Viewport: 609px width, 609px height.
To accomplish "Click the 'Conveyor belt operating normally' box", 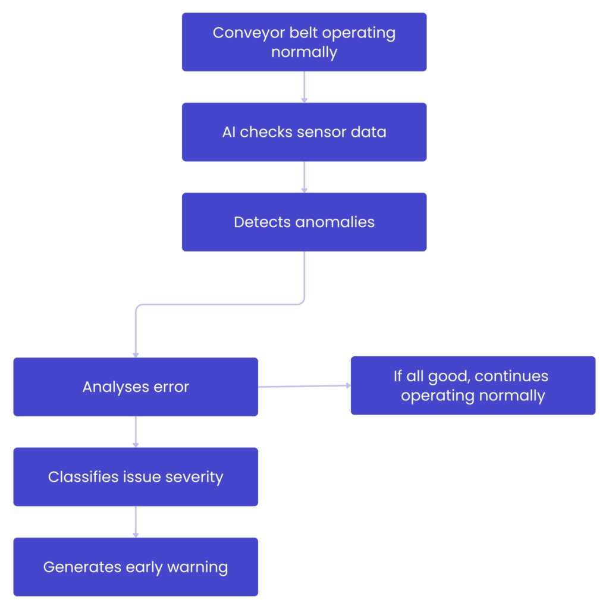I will [x=304, y=42].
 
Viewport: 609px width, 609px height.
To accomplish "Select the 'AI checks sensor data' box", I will [x=304, y=132].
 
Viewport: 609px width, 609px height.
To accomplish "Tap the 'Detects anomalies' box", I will [x=304, y=222].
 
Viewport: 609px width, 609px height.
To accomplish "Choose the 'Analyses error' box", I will [x=136, y=387].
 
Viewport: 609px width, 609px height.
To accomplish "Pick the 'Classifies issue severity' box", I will [x=136, y=477].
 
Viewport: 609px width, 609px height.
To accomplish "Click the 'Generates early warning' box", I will [x=136, y=567].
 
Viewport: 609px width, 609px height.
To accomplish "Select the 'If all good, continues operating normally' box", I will [x=473, y=385].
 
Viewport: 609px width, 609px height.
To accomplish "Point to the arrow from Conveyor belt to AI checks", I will [x=304, y=87].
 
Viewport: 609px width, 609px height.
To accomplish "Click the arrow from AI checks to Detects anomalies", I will [x=304, y=177].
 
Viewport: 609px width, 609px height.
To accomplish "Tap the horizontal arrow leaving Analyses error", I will [x=304, y=386].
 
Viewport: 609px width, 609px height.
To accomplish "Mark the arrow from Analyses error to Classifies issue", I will [x=136, y=432].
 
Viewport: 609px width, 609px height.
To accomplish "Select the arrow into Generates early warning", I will [x=136, y=522].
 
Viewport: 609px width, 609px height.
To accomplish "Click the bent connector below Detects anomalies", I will [x=220, y=304].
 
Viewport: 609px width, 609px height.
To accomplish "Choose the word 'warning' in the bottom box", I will [x=199, y=567].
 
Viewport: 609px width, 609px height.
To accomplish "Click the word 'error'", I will [x=172, y=387].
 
